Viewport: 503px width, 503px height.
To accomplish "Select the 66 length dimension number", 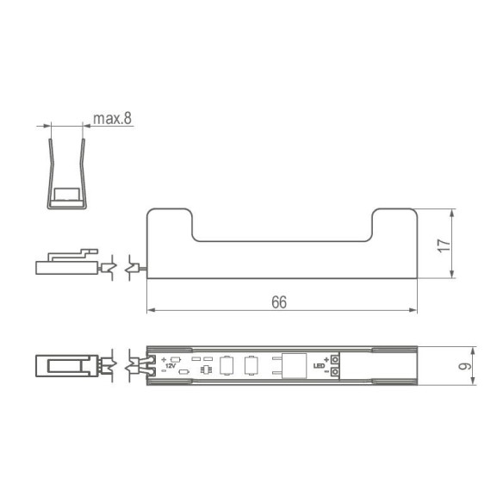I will point(278,302).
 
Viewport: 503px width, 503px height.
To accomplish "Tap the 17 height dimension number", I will point(444,244).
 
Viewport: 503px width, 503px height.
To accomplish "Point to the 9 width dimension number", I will point(466,365).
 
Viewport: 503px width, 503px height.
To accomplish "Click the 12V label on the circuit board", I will point(169,366).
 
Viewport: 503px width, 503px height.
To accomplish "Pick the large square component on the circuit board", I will point(293,365).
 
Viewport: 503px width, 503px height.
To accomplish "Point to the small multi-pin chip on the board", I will point(206,370).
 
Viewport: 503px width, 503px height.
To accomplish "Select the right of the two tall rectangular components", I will point(251,365).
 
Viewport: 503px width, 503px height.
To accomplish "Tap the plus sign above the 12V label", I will point(163,358).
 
